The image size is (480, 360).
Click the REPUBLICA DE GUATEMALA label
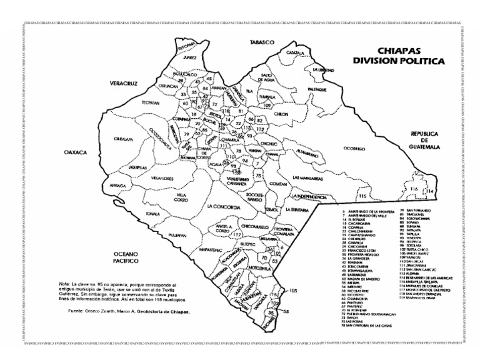click(426, 140)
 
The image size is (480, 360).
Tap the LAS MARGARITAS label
click(306, 179)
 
